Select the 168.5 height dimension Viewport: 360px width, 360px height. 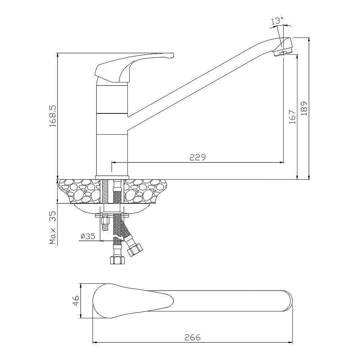point(53,116)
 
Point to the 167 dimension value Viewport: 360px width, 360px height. point(292,117)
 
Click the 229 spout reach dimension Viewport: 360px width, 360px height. point(197,157)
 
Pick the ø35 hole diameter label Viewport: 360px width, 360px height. point(88,236)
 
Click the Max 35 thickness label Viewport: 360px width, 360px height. point(53,228)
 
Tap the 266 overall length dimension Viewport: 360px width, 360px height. point(193,337)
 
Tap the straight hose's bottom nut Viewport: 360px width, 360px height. point(117,260)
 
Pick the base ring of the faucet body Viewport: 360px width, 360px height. point(112,177)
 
